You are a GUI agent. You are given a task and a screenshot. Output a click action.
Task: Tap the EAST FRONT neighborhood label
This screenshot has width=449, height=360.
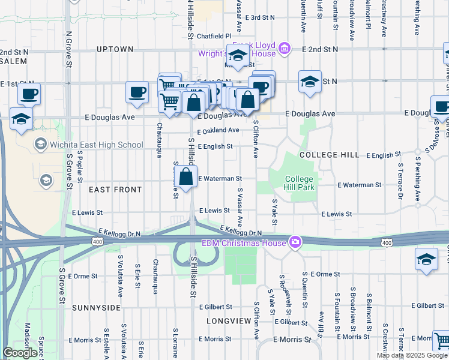pos(115,190)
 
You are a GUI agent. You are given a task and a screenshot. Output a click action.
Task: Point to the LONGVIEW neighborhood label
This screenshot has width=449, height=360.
pos(229,321)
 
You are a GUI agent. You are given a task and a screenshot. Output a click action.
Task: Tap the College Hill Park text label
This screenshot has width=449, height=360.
pos(299,184)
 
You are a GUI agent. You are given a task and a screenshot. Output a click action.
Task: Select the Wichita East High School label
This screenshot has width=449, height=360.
pos(96,145)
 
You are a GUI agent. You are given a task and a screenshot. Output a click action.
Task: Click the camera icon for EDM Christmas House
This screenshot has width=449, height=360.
pos(295,242)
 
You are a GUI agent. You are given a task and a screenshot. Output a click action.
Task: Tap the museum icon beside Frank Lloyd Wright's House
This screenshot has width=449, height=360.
pos(285,48)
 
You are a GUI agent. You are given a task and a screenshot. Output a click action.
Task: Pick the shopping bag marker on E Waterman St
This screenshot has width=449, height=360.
pos(186,177)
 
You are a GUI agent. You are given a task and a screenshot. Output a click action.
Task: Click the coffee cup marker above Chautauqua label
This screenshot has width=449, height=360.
pos(137,92)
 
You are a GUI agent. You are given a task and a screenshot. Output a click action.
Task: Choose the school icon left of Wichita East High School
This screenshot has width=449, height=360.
pos(41,144)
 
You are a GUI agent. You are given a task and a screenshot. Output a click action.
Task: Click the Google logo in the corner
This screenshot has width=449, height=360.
pos(20,353)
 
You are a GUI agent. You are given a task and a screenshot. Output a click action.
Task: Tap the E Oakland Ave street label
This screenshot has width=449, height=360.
pos(218,130)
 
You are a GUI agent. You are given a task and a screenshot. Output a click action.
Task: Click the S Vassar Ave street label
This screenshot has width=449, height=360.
pos(240,207)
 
